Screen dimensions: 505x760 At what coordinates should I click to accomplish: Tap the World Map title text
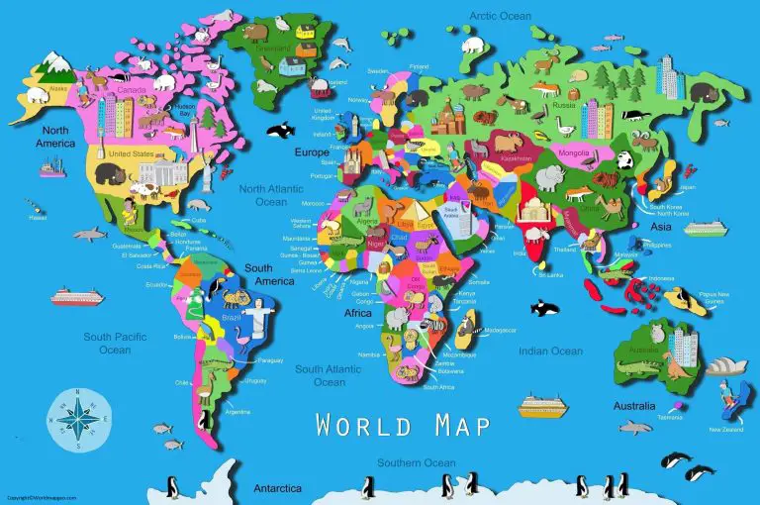click(x=402, y=425)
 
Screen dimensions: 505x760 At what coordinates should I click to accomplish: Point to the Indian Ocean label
click(x=551, y=351)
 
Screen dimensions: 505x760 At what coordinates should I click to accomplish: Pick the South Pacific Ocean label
click(x=107, y=343)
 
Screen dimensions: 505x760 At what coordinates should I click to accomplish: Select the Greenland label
click(x=274, y=46)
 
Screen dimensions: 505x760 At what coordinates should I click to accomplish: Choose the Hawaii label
click(x=39, y=220)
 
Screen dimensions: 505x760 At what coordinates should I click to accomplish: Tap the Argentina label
click(x=237, y=410)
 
